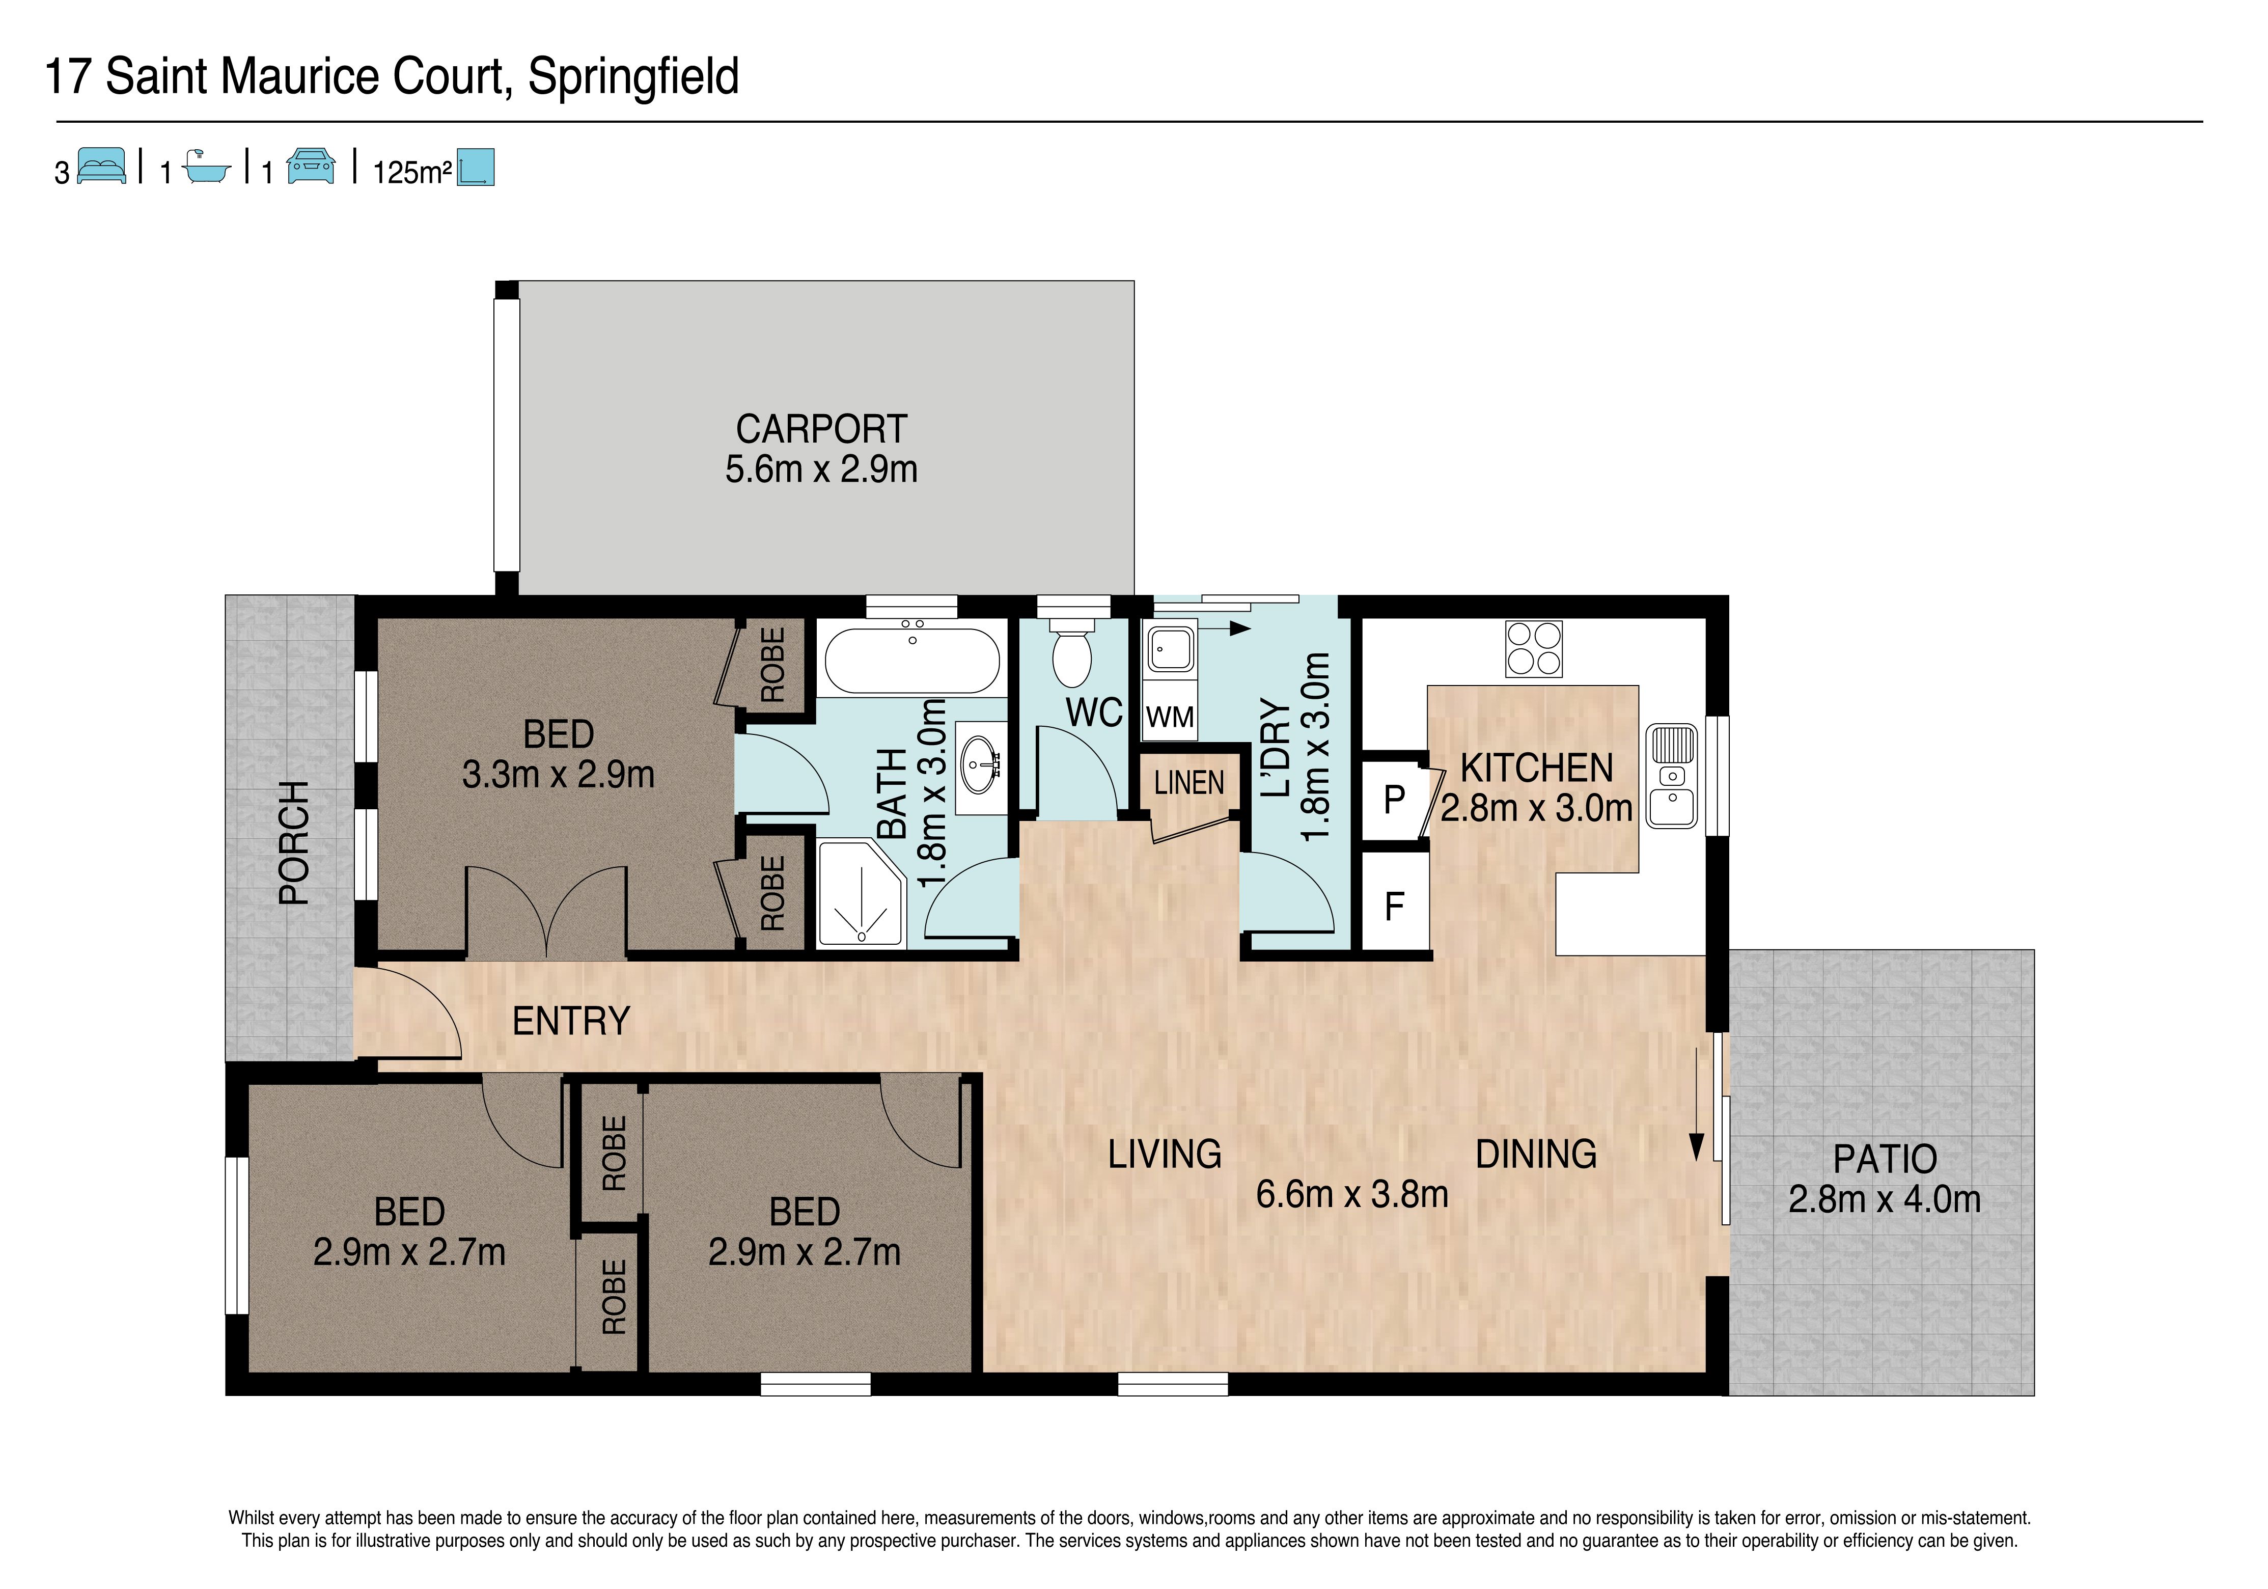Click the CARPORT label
click(821, 429)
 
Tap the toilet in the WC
click(1072, 653)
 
